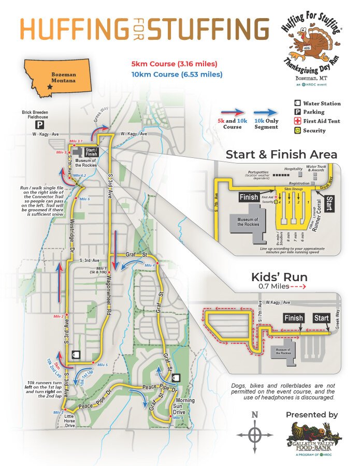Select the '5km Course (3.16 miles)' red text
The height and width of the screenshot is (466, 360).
174,65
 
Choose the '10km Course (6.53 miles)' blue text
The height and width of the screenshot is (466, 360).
177,75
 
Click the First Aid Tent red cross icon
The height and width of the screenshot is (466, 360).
298,121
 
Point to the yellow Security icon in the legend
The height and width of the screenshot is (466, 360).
298,130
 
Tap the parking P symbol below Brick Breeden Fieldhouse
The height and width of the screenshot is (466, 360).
39,125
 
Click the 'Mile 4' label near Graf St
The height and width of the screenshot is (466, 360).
150,265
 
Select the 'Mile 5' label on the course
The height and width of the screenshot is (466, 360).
103,365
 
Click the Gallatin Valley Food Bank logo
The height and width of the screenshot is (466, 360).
311,439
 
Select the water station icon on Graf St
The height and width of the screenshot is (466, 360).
177,377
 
